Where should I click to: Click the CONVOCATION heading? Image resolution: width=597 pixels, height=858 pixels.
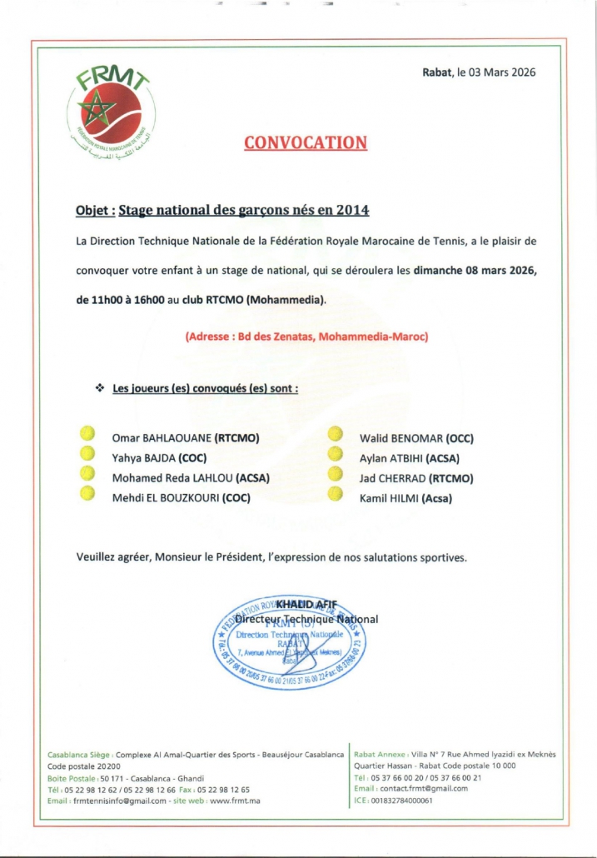(306, 142)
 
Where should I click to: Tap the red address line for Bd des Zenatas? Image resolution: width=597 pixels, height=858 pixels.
(306, 337)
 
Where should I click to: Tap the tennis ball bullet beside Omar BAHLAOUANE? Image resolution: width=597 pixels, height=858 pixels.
(87, 434)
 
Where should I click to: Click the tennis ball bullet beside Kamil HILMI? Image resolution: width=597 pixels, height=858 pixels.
(335, 494)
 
